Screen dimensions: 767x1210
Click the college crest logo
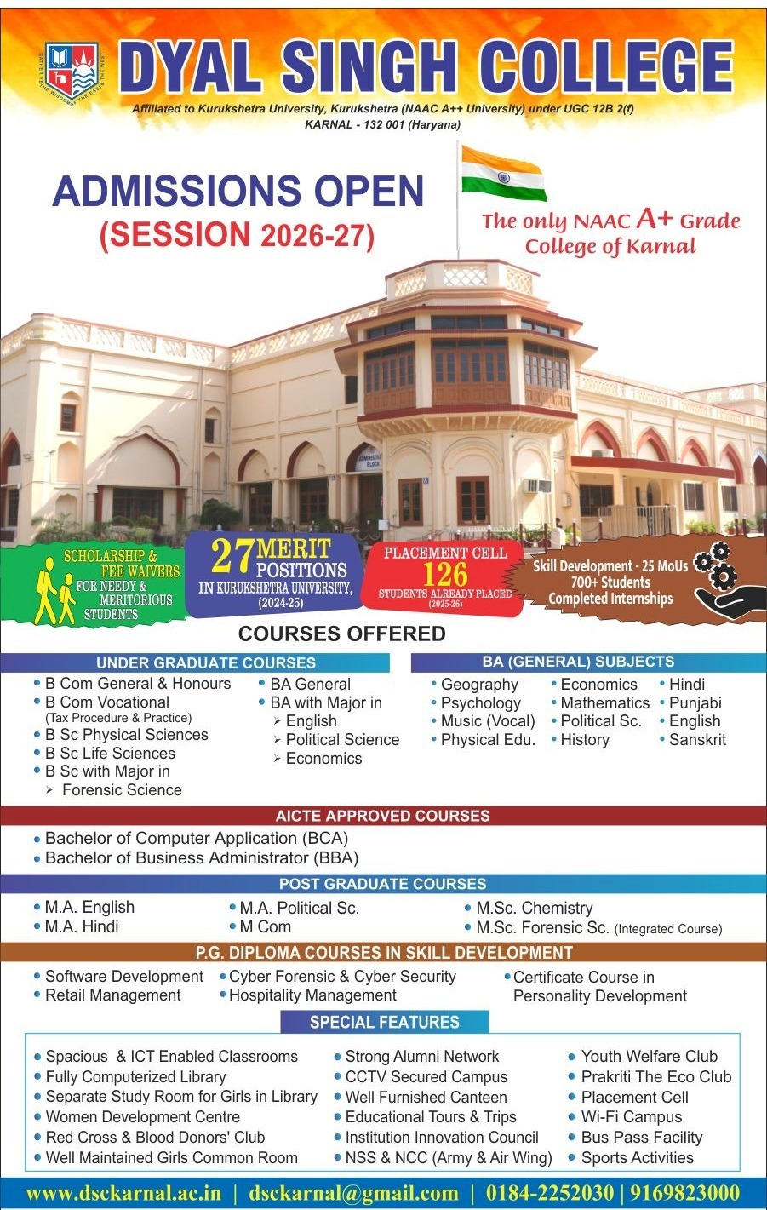(x=72, y=72)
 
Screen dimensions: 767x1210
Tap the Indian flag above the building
(x=503, y=173)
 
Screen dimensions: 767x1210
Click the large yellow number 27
(x=232, y=556)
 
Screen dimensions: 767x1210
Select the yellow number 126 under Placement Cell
(x=445, y=574)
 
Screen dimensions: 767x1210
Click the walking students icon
(x=54, y=592)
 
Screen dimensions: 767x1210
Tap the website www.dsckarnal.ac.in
(x=123, y=1192)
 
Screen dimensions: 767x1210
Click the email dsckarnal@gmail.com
(x=353, y=1192)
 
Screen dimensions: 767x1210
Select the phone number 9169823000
(x=685, y=1191)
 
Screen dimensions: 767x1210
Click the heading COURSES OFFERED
(x=342, y=634)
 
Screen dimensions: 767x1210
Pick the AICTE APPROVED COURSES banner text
(x=382, y=816)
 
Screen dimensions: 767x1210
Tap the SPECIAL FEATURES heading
(x=385, y=1022)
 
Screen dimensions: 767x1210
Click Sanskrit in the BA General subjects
(x=697, y=739)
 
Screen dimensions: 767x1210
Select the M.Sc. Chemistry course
(x=535, y=908)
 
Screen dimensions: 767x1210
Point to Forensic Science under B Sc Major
(x=122, y=789)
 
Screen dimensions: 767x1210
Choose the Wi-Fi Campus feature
(x=632, y=1116)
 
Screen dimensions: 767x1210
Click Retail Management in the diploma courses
(x=113, y=995)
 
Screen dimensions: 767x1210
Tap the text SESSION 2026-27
(x=237, y=235)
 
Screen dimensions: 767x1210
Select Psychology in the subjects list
(x=481, y=703)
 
